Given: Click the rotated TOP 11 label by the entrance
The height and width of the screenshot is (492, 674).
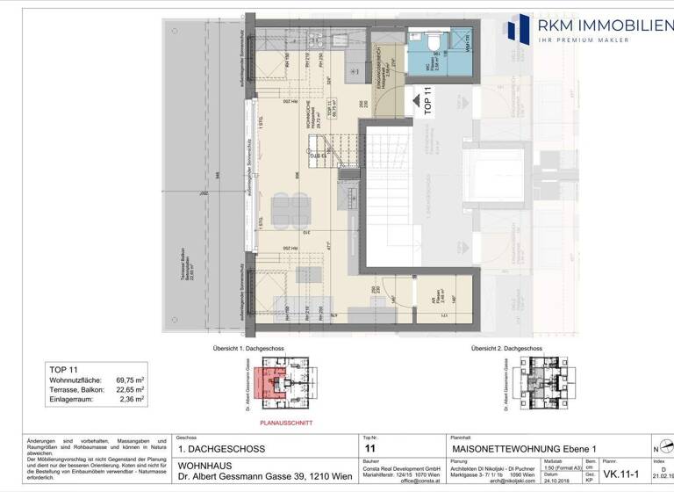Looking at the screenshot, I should pos(428,102).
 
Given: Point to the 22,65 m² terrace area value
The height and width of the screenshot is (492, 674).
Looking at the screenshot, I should pos(129,388).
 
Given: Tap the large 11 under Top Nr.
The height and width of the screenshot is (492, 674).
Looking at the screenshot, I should pos(369,448).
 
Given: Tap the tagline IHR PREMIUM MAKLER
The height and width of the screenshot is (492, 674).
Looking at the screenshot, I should pos(599,40).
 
